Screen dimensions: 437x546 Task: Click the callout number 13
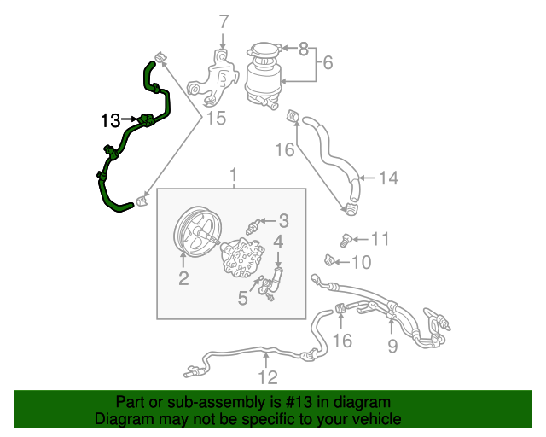110,120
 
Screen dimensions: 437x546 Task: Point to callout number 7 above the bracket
224,22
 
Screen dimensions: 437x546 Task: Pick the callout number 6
328,61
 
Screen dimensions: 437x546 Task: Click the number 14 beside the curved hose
388,178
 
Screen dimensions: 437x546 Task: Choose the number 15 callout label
217,118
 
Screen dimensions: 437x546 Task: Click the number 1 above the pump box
232,175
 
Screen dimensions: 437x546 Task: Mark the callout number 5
243,299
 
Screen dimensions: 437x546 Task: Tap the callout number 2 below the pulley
183,278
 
